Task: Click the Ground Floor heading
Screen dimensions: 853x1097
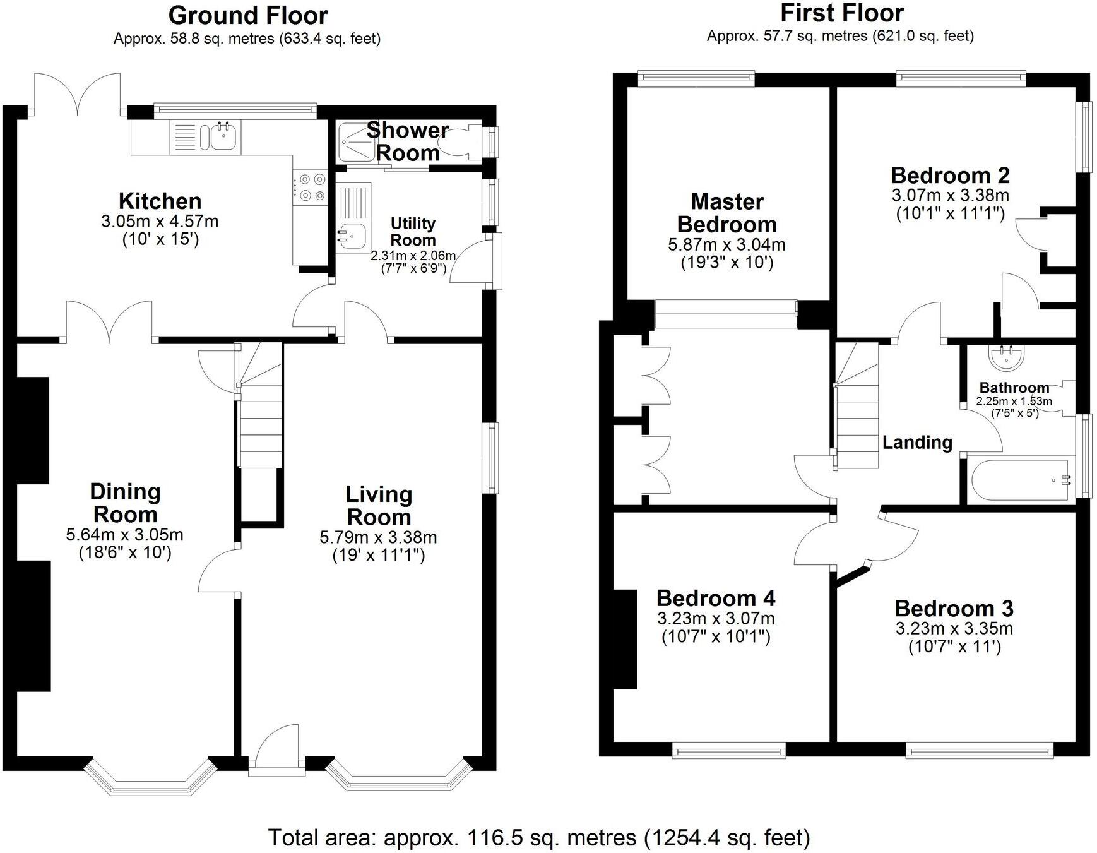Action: coord(247,15)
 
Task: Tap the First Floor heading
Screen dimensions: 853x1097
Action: coord(841,13)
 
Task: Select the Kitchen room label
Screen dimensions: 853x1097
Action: coord(160,201)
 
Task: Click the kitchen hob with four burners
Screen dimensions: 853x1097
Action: coord(311,188)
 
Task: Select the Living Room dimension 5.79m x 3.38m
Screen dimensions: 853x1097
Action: coord(378,537)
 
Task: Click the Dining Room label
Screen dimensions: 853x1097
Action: coord(125,503)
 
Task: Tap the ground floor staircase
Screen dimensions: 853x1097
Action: coord(260,417)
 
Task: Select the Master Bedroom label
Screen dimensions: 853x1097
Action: coord(726,213)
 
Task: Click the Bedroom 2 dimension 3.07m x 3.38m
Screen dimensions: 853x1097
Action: coord(950,195)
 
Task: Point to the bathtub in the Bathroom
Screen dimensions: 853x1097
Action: coord(1021,481)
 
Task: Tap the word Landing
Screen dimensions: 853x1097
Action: coord(916,443)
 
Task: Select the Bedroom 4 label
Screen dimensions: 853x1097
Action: coord(716,598)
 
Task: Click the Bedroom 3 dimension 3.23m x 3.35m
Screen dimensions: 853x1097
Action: coord(954,628)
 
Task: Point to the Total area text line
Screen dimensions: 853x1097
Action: coord(539,837)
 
